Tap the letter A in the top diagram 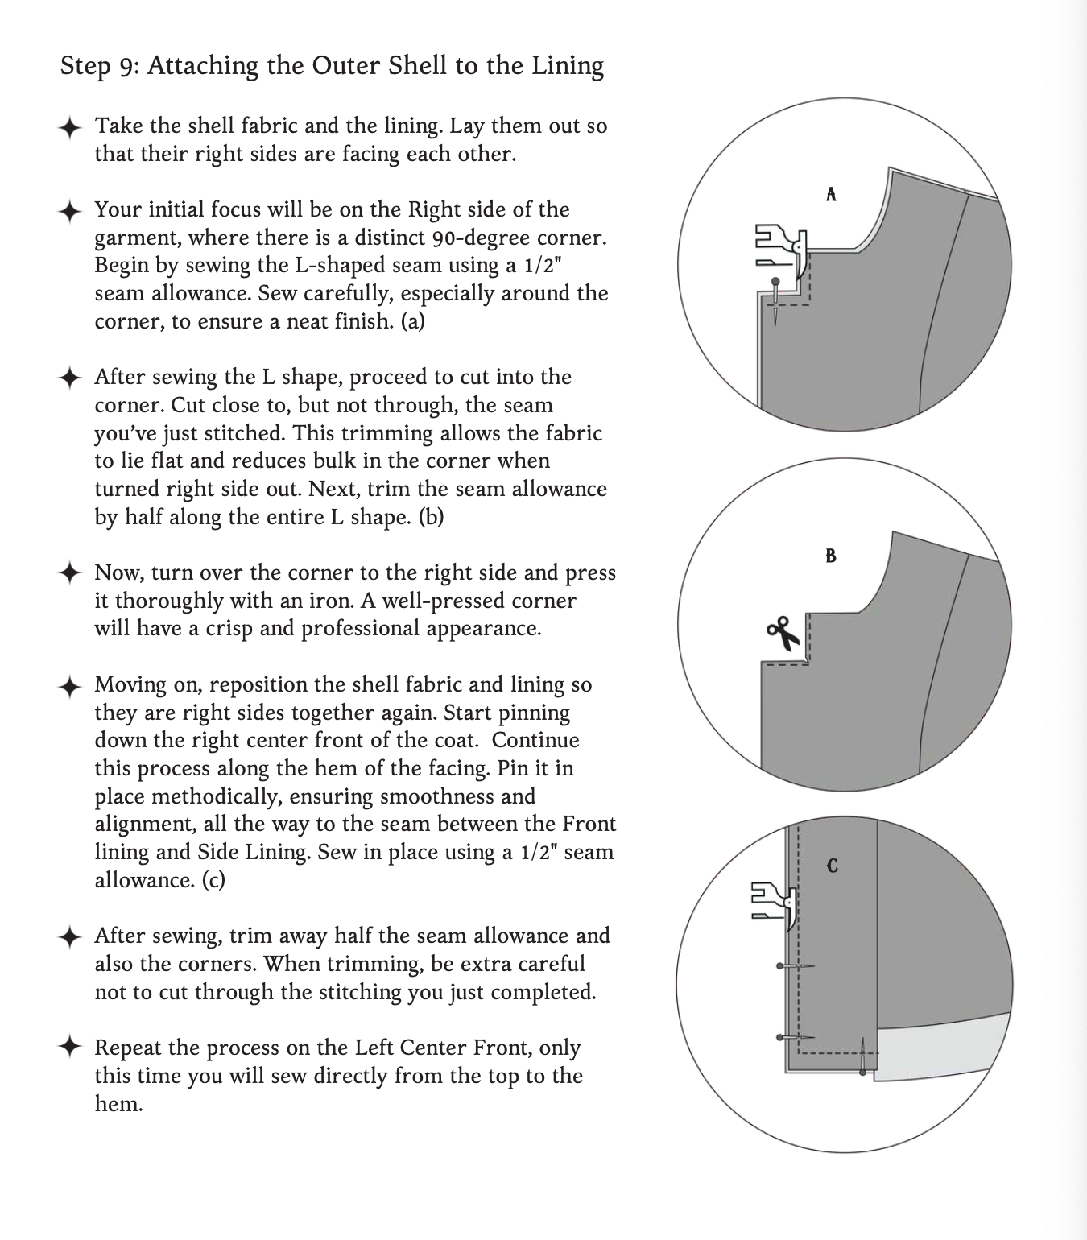tap(831, 194)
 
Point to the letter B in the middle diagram tap(831, 556)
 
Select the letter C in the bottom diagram tap(832, 866)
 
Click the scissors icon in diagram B tap(783, 633)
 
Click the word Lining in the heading tap(567, 66)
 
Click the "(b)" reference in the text tap(431, 517)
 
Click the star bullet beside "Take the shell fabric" tap(70, 127)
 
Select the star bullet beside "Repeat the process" tap(70, 1048)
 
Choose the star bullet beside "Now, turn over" tap(70, 573)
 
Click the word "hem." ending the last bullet tap(118, 1104)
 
